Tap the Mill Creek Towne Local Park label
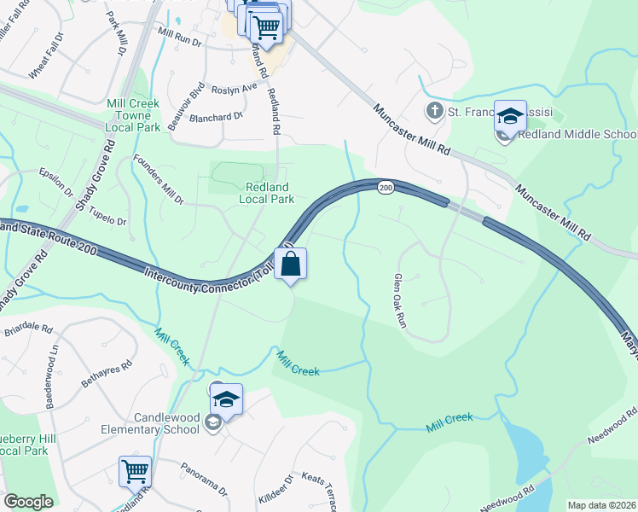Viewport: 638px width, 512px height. pyautogui.click(x=133, y=115)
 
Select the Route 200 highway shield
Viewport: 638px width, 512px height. pyautogui.click(x=386, y=188)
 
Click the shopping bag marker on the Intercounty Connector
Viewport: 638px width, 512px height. pyautogui.click(x=290, y=265)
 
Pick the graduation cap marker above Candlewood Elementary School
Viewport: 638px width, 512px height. pyautogui.click(x=226, y=399)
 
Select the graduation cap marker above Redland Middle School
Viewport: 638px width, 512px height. pyautogui.click(x=510, y=116)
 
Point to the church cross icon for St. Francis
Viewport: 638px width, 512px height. pyautogui.click(x=434, y=111)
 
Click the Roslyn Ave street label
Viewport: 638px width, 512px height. pyautogui.click(x=234, y=89)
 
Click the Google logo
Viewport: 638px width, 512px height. pyautogui.click(x=28, y=502)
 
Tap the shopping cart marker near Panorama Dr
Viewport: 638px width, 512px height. pyautogui.click(x=136, y=471)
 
